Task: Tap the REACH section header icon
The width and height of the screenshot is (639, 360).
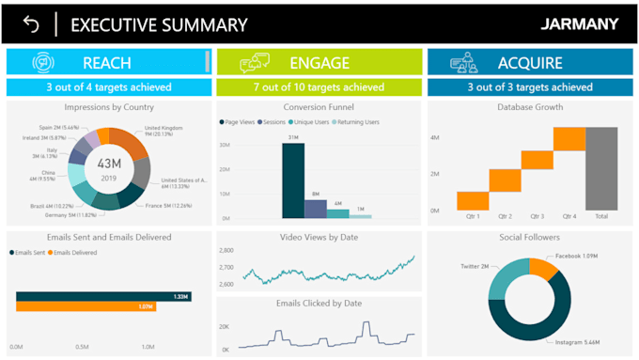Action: pos(44,63)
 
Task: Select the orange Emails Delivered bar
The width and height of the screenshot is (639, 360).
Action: pos(85,306)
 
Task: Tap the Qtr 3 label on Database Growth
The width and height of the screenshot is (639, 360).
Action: pos(537,216)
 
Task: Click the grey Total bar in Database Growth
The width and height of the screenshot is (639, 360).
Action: pos(601,168)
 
